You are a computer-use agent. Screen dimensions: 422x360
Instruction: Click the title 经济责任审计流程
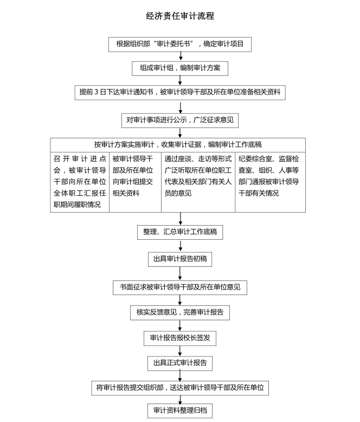(x=180, y=16)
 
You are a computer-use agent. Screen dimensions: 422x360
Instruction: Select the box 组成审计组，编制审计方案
(x=180, y=68)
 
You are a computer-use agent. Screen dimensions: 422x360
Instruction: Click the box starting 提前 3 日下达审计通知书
(x=180, y=92)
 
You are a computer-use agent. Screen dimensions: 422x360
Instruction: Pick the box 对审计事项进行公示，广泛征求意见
(x=180, y=120)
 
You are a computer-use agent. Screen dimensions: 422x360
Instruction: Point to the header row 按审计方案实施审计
(x=178, y=145)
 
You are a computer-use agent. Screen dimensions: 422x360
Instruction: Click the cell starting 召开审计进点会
(x=80, y=182)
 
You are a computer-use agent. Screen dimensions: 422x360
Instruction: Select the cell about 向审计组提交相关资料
(x=135, y=182)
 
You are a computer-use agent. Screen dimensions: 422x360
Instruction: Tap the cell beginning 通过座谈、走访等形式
(x=198, y=182)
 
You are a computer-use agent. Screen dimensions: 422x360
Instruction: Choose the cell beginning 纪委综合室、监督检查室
(x=270, y=182)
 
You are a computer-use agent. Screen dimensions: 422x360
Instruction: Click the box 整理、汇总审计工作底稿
(x=180, y=232)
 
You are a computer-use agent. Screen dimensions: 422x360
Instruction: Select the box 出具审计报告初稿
(x=180, y=259)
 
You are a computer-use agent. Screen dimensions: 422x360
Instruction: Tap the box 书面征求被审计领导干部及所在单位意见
(x=180, y=287)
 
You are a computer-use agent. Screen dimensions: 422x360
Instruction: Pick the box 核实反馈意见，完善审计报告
(x=180, y=312)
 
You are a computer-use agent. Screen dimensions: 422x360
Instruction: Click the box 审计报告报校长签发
(x=180, y=338)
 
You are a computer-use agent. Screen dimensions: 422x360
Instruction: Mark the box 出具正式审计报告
(x=180, y=363)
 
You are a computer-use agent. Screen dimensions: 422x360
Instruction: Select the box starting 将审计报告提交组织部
(x=180, y=388)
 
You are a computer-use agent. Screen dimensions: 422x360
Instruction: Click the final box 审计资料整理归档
(x=180, y=411)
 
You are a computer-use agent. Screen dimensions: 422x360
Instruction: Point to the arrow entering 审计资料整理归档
(x=180, y=399)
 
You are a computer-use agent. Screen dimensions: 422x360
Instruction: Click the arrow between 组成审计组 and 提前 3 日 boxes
(x=180, y=80)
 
